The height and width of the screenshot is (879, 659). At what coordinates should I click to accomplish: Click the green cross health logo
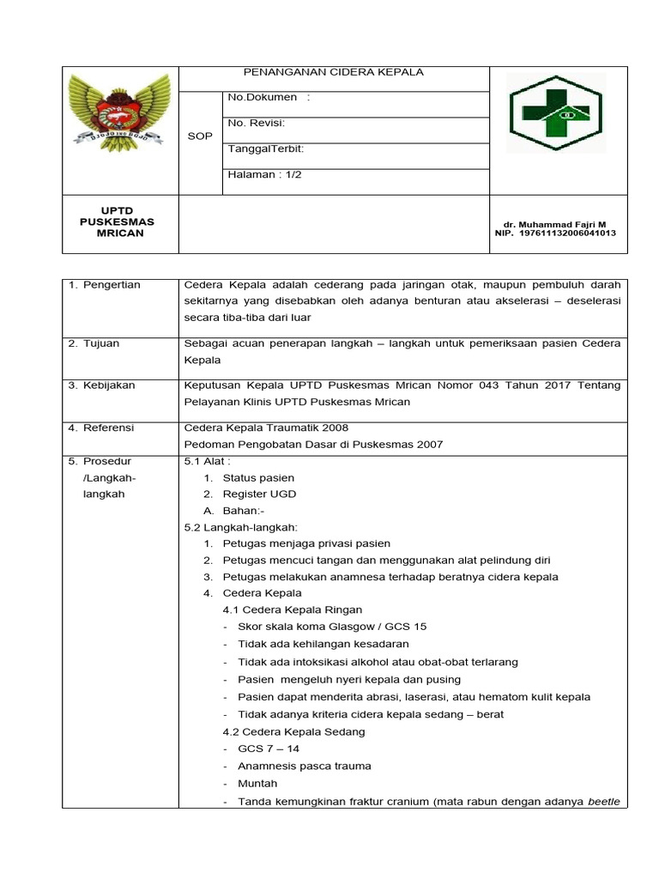555,113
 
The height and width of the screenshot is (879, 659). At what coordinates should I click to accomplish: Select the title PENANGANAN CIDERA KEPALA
334,72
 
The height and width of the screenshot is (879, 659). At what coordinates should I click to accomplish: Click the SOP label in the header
200,136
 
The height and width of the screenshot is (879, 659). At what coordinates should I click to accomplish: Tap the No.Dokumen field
269,97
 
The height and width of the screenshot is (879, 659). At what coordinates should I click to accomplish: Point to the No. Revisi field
257,123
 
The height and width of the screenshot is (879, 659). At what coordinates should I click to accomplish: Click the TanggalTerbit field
265,149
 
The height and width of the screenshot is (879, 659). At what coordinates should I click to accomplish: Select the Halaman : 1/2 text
264,174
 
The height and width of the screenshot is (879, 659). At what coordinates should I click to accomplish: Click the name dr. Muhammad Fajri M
555,224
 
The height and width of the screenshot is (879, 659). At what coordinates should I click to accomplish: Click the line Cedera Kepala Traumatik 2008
267,427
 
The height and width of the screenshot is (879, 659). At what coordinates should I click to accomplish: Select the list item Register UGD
257,494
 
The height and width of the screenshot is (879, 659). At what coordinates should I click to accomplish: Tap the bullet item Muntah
257,784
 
